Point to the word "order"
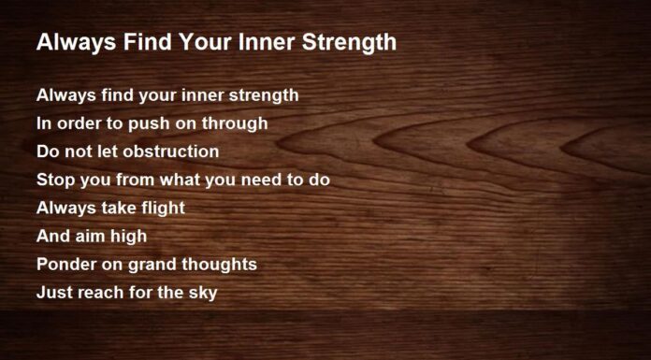(x=75, y=122)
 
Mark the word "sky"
(x=202, y=293)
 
